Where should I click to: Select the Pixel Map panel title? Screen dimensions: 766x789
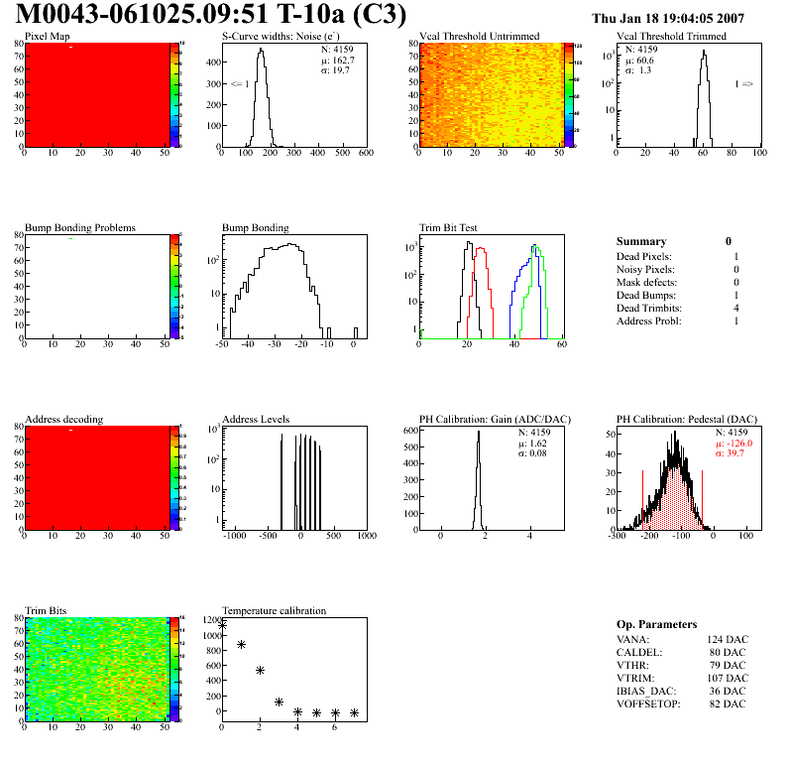pyautogui.click(x=47, y=37)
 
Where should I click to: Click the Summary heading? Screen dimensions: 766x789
pyautogui.click(x=641, y=241)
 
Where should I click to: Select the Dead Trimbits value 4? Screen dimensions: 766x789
pyautogui.click(x=736, y=309)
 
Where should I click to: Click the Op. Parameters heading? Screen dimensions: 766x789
pyautogui.click(x=656, y=624)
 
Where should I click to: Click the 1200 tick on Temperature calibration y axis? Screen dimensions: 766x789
pyautogui.click(x=210, y=621)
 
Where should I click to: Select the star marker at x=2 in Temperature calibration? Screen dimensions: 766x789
pyautogui.click(x=260, y=671)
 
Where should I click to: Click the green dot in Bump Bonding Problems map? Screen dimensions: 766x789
pyautogui.click(x=71, y=239)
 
